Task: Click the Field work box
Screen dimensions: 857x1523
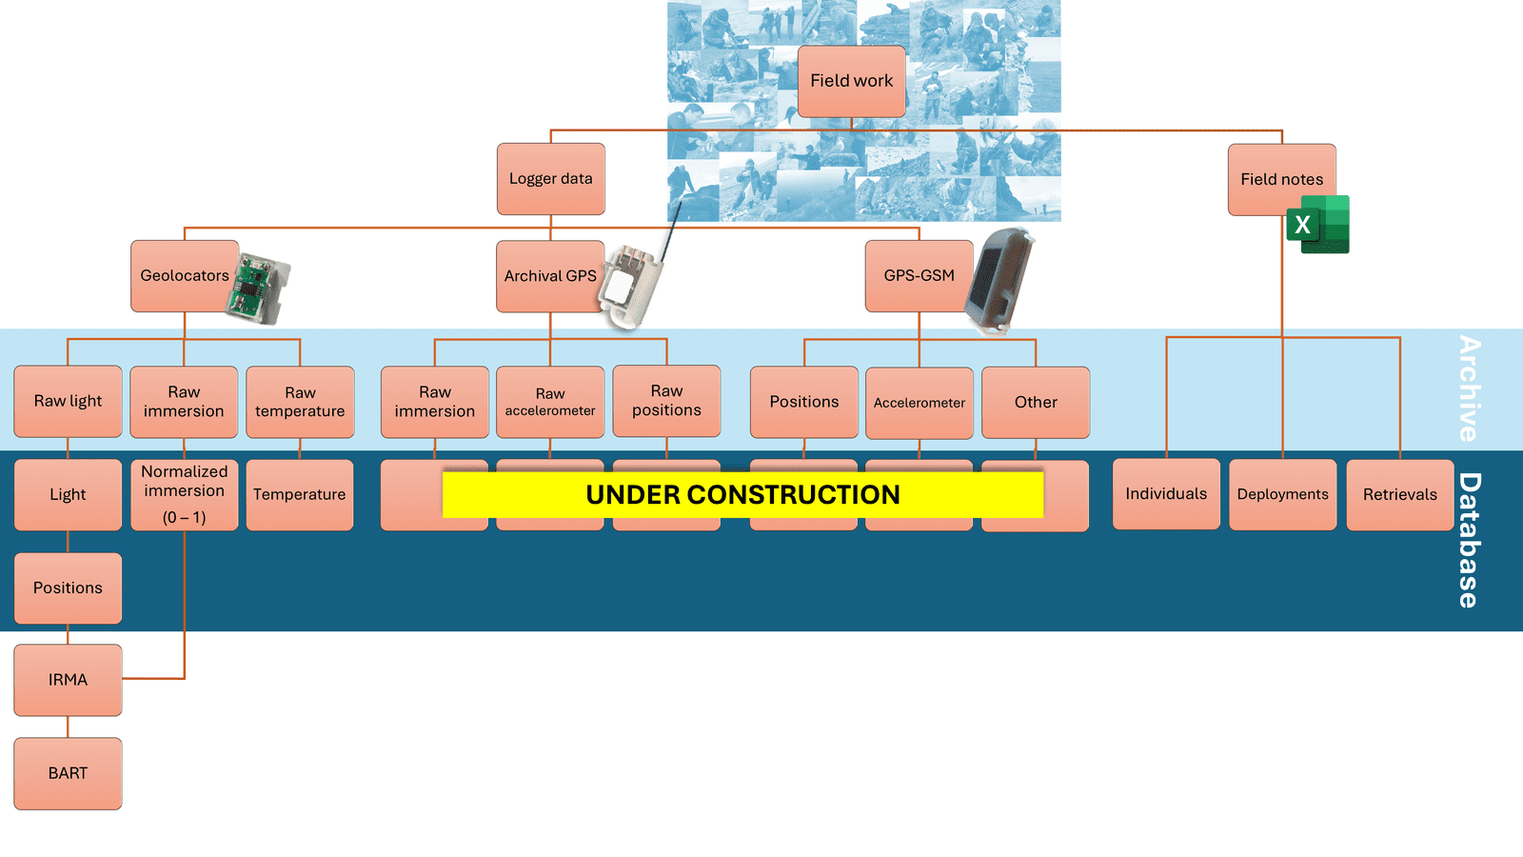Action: (851, 81)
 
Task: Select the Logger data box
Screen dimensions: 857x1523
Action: (550, 179)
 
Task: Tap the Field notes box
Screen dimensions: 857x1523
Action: (1281, 179)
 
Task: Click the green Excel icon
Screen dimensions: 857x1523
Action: (1318, 225)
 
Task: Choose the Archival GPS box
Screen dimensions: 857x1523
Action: (549, 276)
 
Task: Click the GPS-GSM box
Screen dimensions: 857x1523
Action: (919, 276)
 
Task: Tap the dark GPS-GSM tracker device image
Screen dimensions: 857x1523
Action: (999, 281)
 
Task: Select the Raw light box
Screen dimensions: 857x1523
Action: (68, 401)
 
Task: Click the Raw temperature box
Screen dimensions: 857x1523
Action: (300, 402)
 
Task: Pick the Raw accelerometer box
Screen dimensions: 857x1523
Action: (550, 402)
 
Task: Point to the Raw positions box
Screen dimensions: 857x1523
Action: (666, 401)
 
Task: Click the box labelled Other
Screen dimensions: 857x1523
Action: (1036, 402)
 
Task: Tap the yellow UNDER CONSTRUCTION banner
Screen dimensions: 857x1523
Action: (742, 494)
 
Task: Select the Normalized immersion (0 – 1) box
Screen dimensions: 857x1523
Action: (184, 494)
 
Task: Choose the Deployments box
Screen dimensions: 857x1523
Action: (1282, 494)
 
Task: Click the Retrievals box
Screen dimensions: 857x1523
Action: (1399, 494)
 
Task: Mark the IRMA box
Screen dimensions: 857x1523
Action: (68, 680)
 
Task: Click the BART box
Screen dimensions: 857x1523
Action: (68, 773)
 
